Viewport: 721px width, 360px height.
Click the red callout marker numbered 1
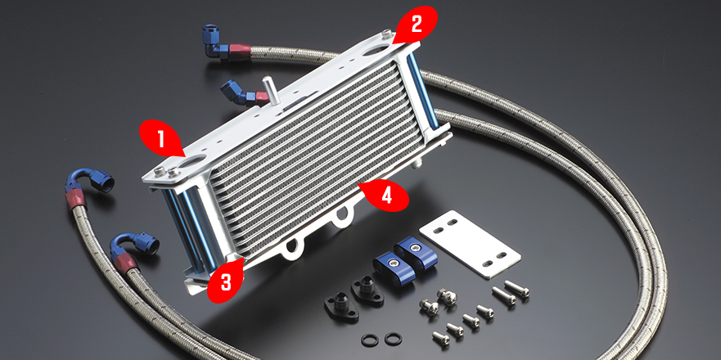click(x=160, y=139)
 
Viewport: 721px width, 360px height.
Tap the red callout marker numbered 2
click(x=415, y=25)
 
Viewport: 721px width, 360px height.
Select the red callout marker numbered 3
click(x=226, y=281)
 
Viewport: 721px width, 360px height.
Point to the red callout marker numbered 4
click(x=385, y=196)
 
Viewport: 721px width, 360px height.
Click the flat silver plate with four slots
click(x=470, y=243)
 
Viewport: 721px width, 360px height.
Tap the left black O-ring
click(x=370, y=340)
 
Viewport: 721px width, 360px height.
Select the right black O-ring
click(x=393, y=339)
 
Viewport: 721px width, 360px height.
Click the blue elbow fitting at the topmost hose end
click(x=214, y=42)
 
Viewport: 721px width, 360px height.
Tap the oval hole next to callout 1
click(x=194, y=160)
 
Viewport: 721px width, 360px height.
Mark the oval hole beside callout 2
click(x=376, y=50)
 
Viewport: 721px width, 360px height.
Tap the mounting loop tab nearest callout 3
click(x=292, y=247)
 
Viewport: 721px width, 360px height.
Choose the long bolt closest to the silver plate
click(x=517, y=288)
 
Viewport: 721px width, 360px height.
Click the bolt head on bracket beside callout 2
click(x=387, y=34)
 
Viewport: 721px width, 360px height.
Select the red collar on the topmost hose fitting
click(x=240, y=49)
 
